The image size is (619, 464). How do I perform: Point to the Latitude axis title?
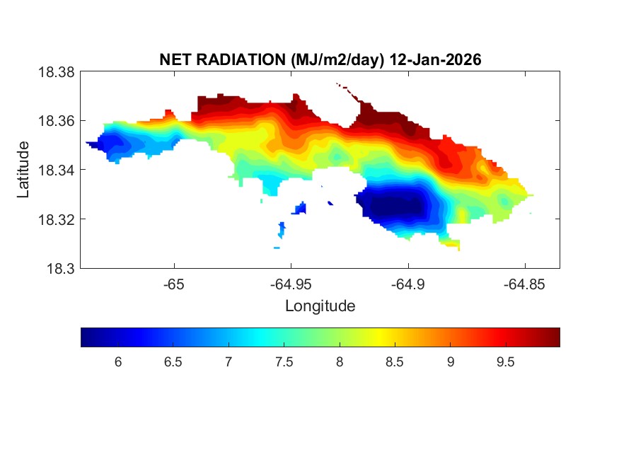(x=24, y=170)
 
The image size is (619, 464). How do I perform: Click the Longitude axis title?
(x=320, y=306)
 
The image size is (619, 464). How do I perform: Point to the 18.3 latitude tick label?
(x=60, y=269)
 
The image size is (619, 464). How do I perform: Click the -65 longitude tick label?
(x=174, y=284)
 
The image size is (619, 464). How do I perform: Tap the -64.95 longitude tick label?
(x=291, y=284)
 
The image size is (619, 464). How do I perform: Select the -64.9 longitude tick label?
(x=407, y=284)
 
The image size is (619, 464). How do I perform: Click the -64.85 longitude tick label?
(x=524, y=284)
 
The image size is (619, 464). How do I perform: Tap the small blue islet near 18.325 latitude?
(x=301, y=208)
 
